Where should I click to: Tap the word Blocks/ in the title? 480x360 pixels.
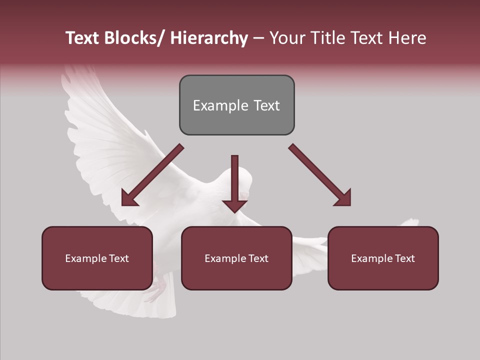point(132,38)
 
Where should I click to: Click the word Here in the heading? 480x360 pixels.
point(407,38)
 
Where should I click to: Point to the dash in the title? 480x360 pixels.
point(258,38)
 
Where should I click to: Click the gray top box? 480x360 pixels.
point(236,105)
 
